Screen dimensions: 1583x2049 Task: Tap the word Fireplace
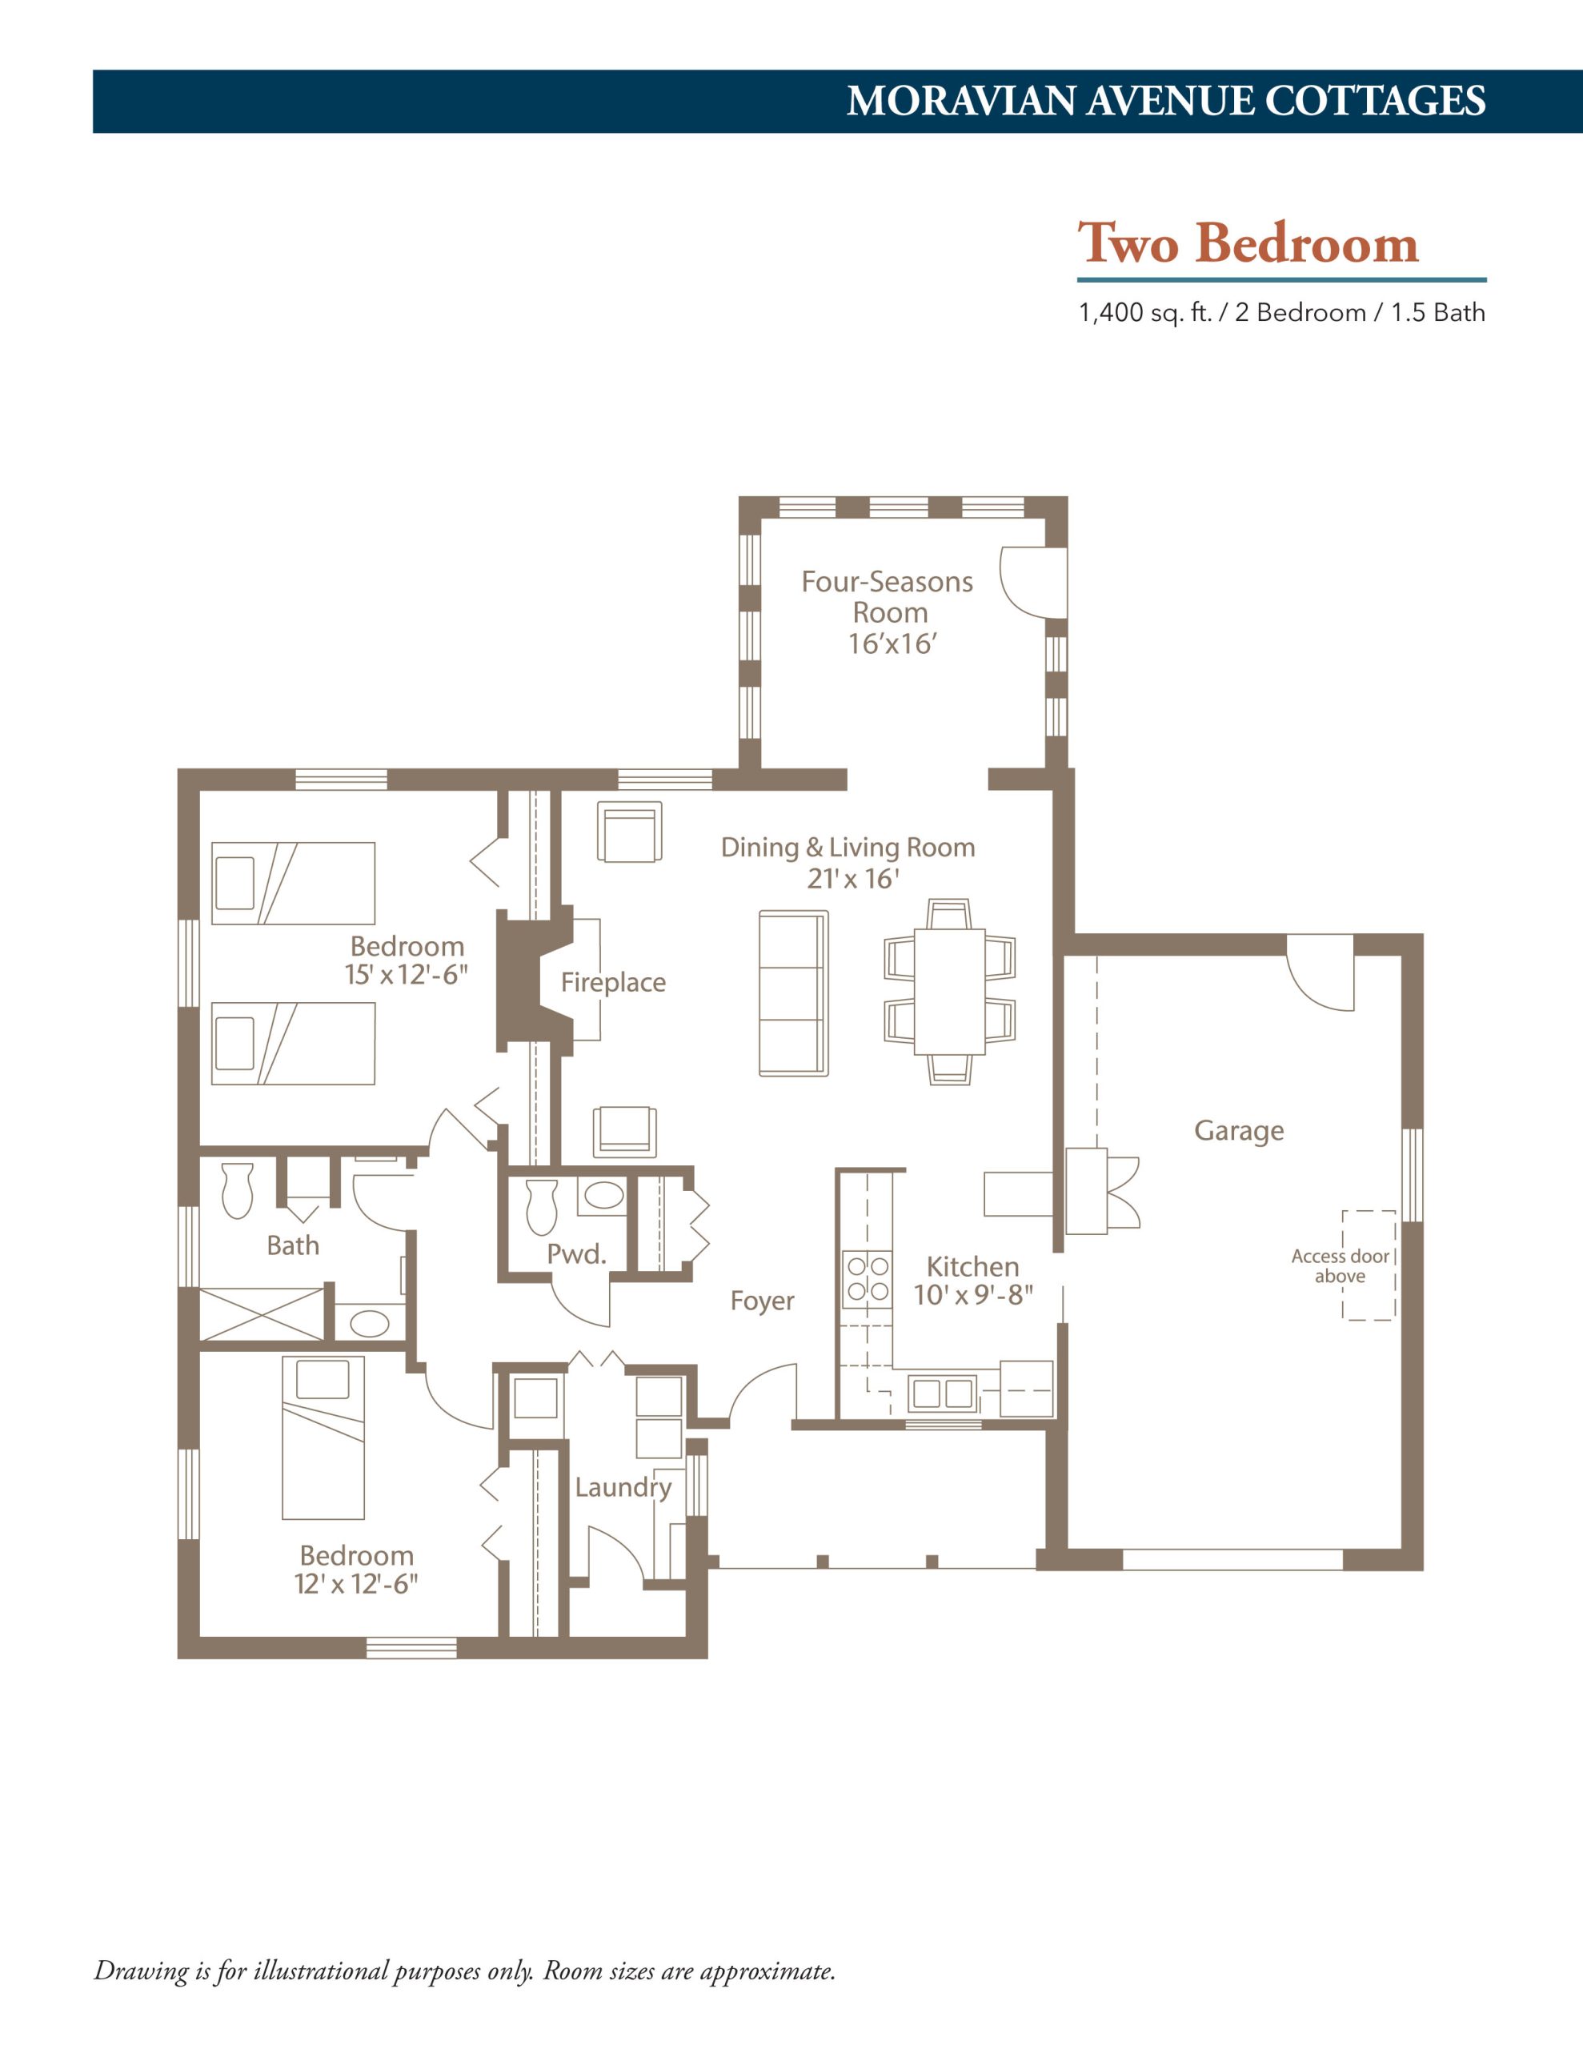(x=613, y=982)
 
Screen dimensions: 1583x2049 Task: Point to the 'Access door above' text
(x=1340, y=1265)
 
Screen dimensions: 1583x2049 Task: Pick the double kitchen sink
(x=942, y=1394)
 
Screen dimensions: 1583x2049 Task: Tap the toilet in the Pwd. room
(x=542, y=1208)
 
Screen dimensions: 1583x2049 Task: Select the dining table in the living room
(x=950, y=992)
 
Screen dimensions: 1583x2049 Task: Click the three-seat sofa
(x=794, y=993)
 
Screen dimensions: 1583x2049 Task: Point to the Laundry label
(x=623, y=1488)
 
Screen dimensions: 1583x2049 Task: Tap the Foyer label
(x=762, y=1301)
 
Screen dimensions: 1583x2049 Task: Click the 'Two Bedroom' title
(x=1247, y=243)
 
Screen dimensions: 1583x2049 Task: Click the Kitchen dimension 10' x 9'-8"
(x=973, y=1296)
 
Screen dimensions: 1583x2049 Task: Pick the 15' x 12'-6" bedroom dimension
(x=406, y=975)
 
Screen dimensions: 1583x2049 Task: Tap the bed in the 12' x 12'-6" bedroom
(x=323, y=1438)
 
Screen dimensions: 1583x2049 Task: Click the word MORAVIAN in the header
(x=961, y=102)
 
